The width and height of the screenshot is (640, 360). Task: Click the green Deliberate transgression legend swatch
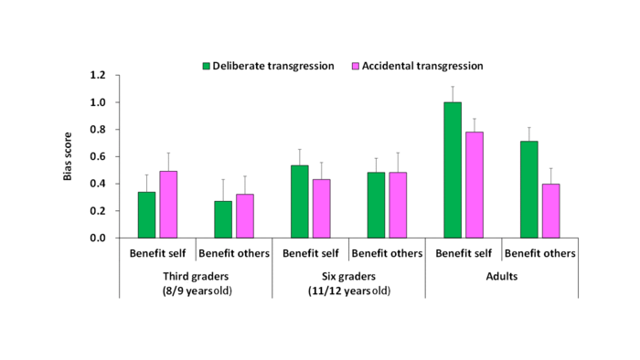coord(207,66)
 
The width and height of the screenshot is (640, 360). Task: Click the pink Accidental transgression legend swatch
coord(356,66)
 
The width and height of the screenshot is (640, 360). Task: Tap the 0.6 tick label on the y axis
coord(98,156)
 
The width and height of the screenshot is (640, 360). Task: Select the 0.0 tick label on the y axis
coord(98,238)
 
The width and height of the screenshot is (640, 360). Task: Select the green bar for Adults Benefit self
coord(453,170)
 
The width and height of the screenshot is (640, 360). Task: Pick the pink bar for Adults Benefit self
coord(474,185)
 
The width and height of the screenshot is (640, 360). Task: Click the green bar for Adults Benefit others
coord(528,189)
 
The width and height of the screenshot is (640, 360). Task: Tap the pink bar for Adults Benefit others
coord(549,210)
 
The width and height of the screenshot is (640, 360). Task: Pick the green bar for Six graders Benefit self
coord(299,201)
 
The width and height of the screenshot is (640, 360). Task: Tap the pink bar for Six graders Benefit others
coord(397,205)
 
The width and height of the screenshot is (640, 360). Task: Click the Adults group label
coord(501,275)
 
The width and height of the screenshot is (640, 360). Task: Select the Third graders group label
coord(196,275)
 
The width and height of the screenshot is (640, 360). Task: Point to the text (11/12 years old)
coord(348,290)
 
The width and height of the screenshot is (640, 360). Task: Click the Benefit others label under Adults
coord(539,253)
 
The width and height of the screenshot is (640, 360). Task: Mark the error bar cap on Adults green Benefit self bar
coord(453,87)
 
